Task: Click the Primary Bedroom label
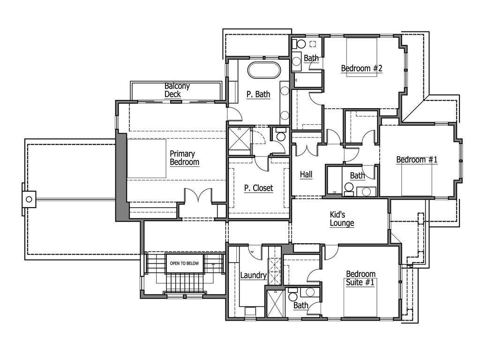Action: (184, 158)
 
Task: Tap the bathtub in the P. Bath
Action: (264, 70)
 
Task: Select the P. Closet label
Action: (258, 188)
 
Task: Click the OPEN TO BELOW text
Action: (184, 263)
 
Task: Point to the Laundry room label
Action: (253, 276)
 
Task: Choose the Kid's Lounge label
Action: (342, 219)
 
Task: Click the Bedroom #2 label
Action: (361, 68)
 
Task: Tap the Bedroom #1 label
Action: (417, 160)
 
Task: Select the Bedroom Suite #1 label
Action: (360, 278)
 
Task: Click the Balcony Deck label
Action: (177, 90)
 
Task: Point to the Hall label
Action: (306, 174)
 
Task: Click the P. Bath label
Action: (258, 94)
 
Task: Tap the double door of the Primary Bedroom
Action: (198, 196)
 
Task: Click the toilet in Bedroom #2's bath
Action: (300, 44)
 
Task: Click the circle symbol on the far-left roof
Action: (29, 199)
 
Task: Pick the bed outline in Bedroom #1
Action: (417, 180)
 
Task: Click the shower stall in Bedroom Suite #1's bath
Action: (272, 303)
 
